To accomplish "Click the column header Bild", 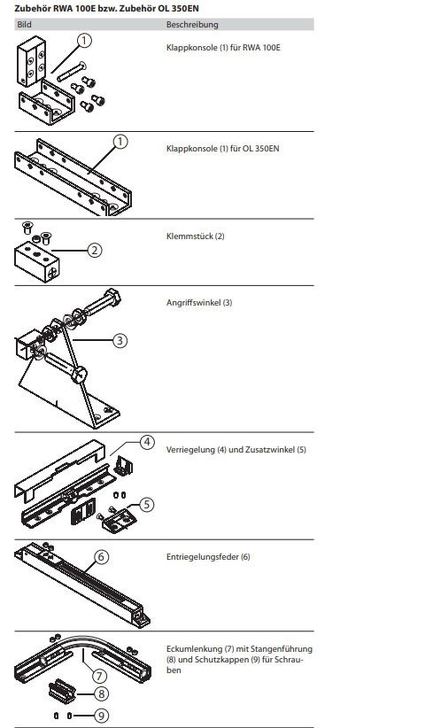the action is point(24,25).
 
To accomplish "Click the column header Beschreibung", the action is point(192,25).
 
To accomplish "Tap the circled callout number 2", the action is point(95,251).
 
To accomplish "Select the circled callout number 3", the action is point(120,340).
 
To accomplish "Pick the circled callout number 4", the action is point(147,442).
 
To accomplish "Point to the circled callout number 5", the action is point(147,504).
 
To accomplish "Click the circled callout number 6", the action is point(102,557).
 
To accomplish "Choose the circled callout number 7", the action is point(99,676).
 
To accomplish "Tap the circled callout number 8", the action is point(101,694).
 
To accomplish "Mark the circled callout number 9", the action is point(101,716).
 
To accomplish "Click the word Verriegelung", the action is point(190,449).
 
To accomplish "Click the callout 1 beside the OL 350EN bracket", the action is point(120,141).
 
